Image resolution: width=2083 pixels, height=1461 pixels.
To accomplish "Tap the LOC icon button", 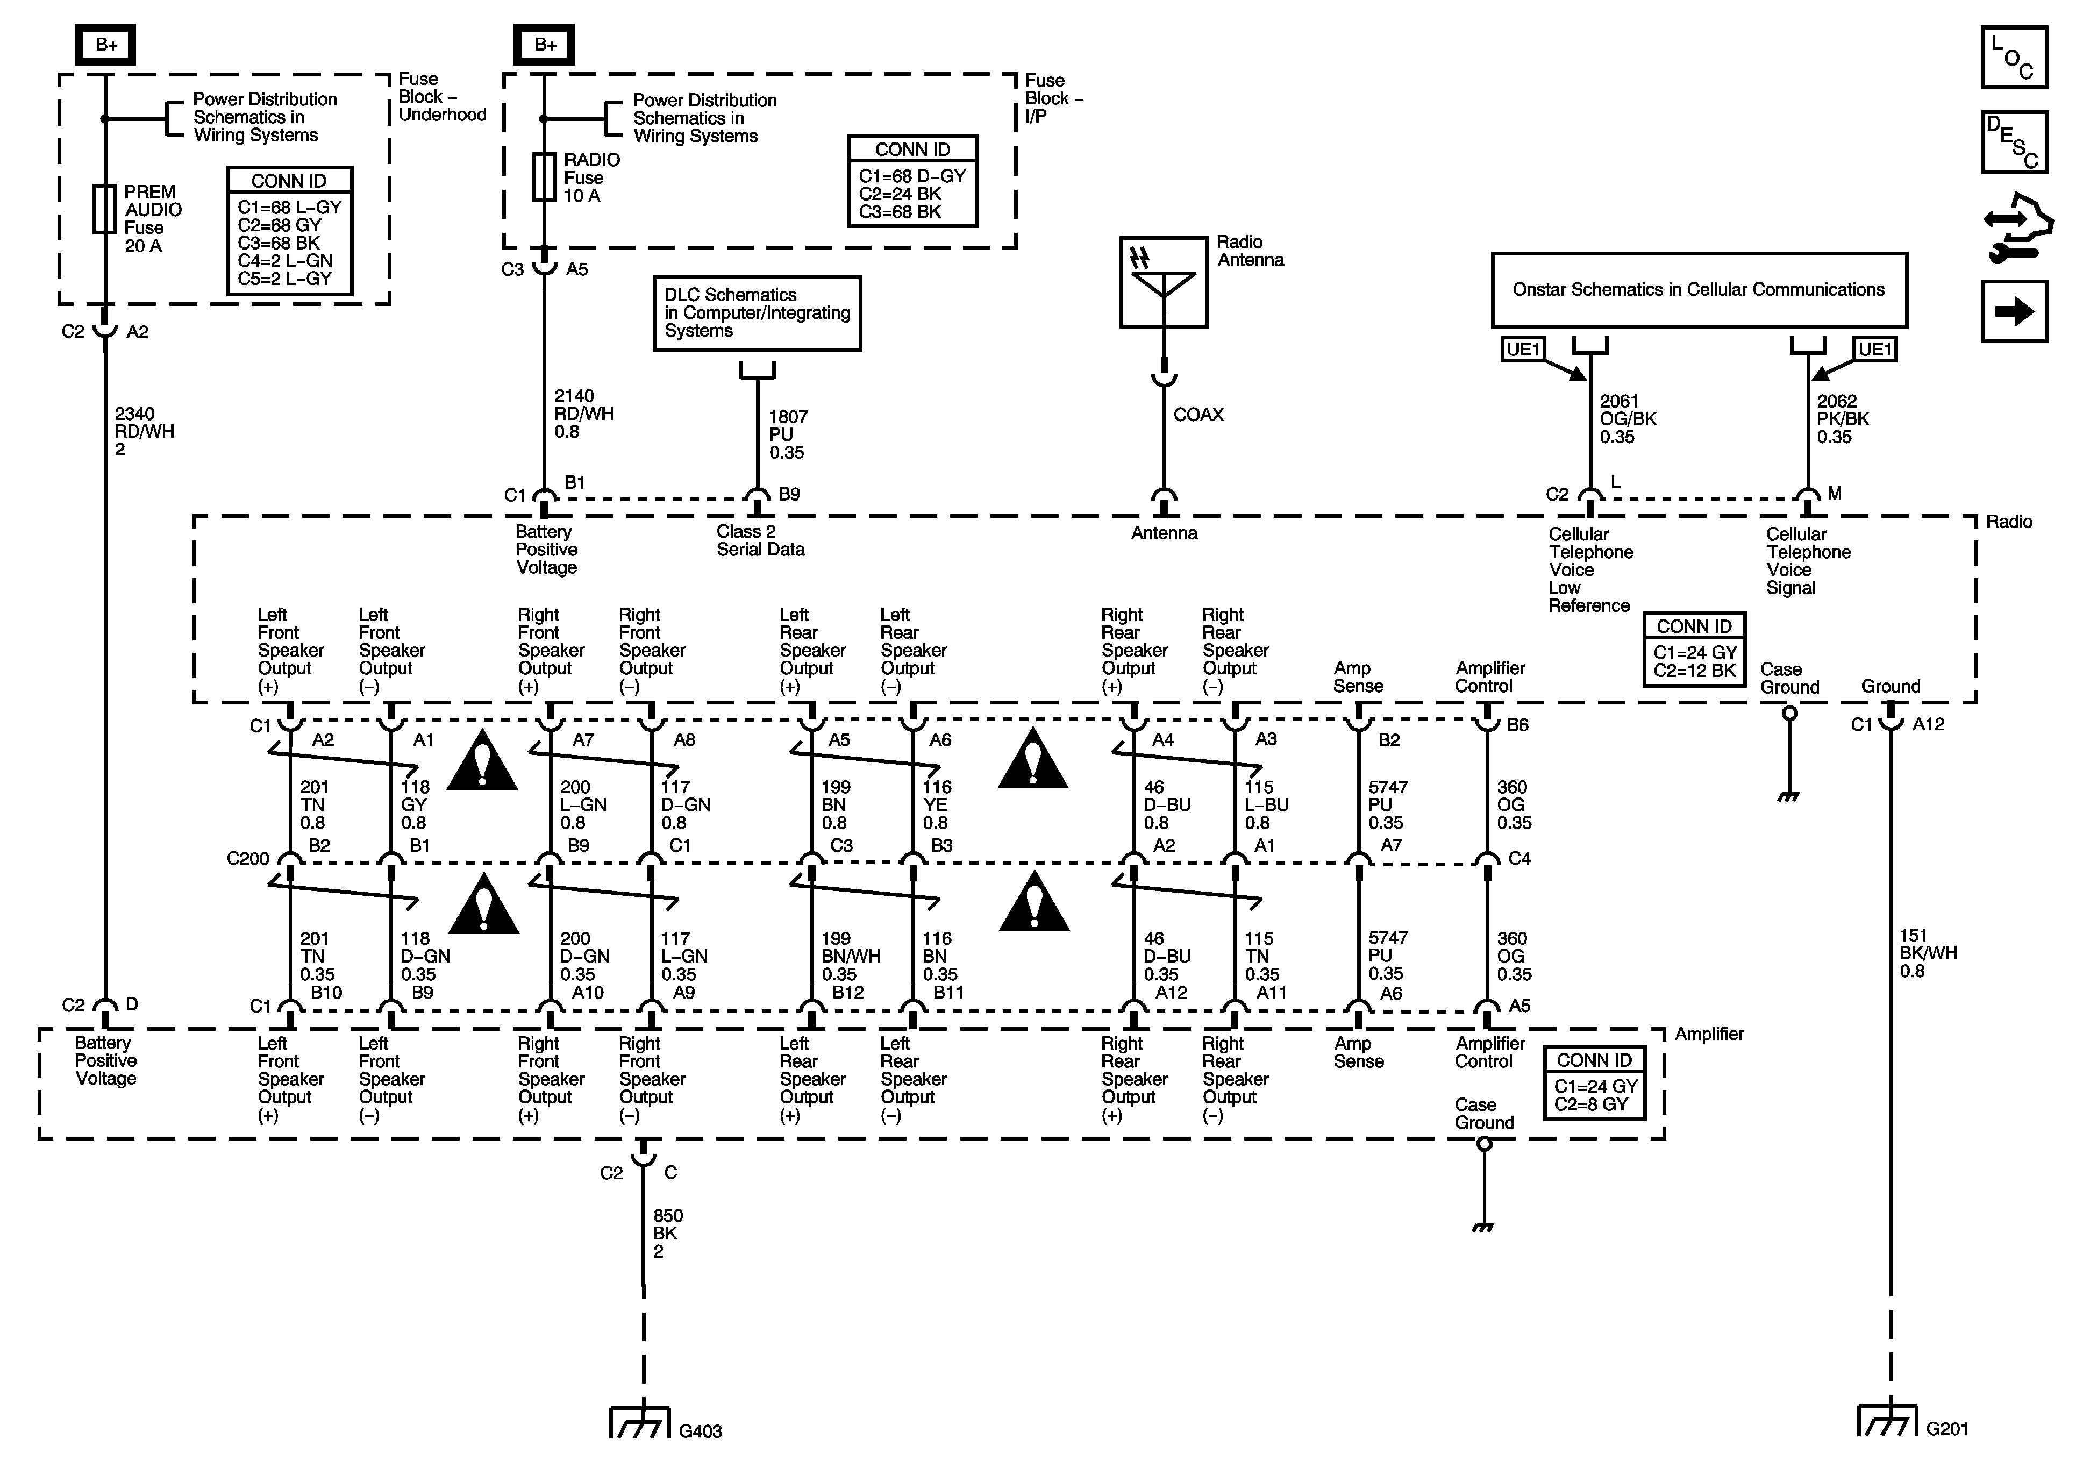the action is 2014,57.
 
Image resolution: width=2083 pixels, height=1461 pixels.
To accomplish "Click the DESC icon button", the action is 2014,141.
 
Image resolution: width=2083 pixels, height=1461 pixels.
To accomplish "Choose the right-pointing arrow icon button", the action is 2014,311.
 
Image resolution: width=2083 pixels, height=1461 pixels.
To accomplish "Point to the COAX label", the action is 1199,415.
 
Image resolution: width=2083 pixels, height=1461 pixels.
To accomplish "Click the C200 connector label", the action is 248,858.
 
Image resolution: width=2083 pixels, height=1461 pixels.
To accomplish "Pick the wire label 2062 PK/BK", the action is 1843,410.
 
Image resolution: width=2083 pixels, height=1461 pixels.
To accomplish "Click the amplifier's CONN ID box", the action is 1594,1082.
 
